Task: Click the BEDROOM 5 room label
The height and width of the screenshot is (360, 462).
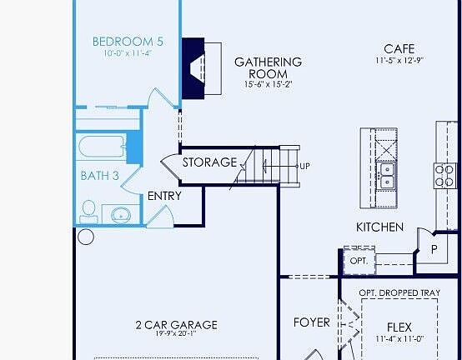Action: click(128, 42)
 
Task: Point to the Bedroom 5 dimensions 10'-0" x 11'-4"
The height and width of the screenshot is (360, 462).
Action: click(128, 53)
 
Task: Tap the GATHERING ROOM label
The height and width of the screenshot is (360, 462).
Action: click(269, 67)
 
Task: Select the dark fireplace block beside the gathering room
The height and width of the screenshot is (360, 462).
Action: click(193, 68)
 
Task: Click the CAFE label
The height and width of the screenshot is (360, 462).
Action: click(399, 48)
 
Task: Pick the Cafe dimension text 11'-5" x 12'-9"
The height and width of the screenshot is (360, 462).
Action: click(399, 60)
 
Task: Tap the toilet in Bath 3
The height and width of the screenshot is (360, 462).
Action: click(88, 212)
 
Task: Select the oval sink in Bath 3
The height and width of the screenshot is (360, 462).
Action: click(121, 215)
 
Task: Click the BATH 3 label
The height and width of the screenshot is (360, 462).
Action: click(99, 176)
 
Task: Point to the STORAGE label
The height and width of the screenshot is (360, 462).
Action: click(209, 162)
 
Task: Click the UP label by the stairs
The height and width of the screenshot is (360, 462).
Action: click(305, 166)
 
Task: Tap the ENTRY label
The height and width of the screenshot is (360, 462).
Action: click(164, 196)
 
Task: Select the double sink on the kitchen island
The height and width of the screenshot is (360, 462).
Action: click(386, 176)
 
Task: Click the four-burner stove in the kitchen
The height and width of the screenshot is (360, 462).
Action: click(444, 176)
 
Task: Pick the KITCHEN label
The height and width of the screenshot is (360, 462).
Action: click(379, 227)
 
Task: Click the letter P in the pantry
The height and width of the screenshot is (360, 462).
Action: click(434, 249)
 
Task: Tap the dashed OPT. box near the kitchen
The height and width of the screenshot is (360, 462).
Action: click(359, 261)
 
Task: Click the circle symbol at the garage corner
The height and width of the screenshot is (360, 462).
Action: click(86, 237)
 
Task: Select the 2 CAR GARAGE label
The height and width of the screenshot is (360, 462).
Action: click(177, 325)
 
